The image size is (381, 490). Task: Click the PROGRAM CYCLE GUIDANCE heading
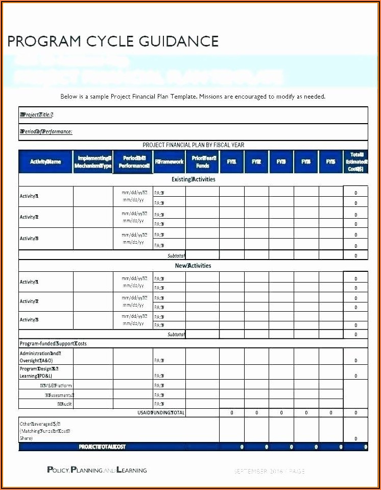(113, 41)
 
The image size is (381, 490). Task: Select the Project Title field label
(36, 115)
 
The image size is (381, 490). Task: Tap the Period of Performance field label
(45, 132)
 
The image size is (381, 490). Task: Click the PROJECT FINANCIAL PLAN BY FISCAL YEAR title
(193, 145)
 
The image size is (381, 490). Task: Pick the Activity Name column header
(45, 162)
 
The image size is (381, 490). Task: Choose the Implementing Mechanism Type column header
(93, 162)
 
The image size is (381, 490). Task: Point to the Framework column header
(169, 162)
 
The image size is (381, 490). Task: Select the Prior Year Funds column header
(203, 162)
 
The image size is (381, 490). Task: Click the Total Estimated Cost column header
(355, 161)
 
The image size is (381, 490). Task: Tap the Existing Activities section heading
(193, 180)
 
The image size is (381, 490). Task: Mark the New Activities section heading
(193, 266)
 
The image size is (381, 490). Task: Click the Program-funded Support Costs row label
(53, 343)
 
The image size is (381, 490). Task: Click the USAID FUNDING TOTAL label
(161, 413)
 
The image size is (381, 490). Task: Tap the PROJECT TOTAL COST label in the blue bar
(102, 447)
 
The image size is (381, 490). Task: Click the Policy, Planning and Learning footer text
(97, 470)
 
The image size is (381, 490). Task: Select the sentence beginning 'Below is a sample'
(193, 97)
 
